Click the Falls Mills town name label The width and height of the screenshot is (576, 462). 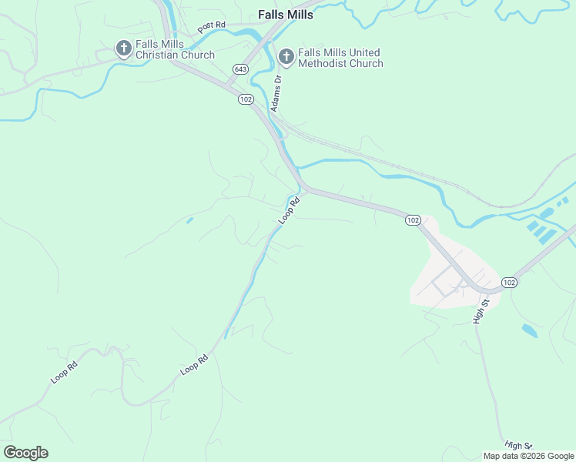pos(286,15)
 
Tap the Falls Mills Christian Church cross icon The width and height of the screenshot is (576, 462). pos(122,49)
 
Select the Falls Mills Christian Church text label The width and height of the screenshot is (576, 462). pos(175,49)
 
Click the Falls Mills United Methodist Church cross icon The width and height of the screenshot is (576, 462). pos(286,56)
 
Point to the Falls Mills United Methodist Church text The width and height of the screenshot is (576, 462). pos(340,58)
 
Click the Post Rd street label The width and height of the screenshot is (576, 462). pos(211,27)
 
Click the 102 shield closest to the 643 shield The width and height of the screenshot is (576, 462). pos(246,99)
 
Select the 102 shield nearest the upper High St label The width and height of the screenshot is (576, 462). pos(509,283)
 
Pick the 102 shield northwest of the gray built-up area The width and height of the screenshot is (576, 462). pos(413,220)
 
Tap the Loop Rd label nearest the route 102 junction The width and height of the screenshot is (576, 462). pos(288,209)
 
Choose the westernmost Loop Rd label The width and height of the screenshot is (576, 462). pos(64,373)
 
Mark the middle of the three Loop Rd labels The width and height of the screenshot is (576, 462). pos(194,364)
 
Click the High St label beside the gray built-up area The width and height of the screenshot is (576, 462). pos(481,310)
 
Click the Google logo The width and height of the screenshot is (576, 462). pos(25,453)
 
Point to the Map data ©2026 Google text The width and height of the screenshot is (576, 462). pos(529,456)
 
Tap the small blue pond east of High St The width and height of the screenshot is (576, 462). pos(529,330)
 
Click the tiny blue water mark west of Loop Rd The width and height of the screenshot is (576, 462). pos(189,221)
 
